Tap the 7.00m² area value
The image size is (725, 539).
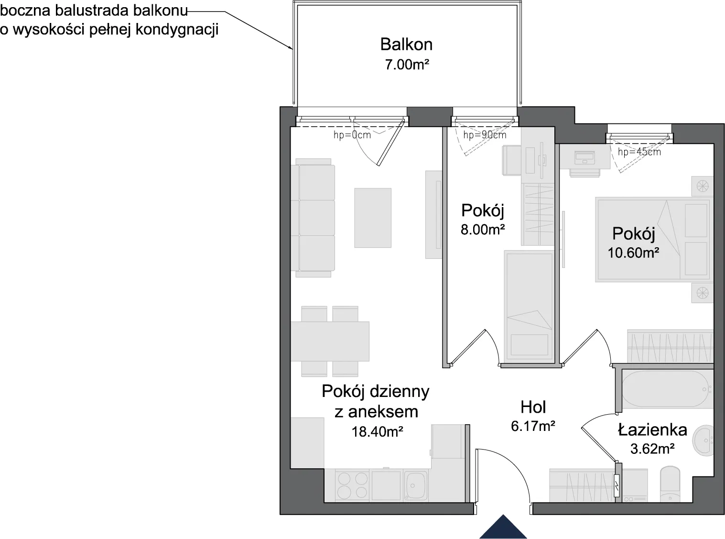pos(407,65)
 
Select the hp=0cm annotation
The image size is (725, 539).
pos(352,135)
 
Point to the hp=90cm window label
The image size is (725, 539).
pos(485,135)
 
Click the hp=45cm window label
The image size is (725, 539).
pos(639,152)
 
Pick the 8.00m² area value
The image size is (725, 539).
pos(483,230)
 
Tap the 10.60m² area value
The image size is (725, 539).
pos(633,253)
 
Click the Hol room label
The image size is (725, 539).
pos(533,407)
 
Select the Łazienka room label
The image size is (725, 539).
pos(652,429)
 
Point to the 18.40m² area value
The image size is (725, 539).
pos(377,432)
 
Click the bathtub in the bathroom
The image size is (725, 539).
pos(667,389)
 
